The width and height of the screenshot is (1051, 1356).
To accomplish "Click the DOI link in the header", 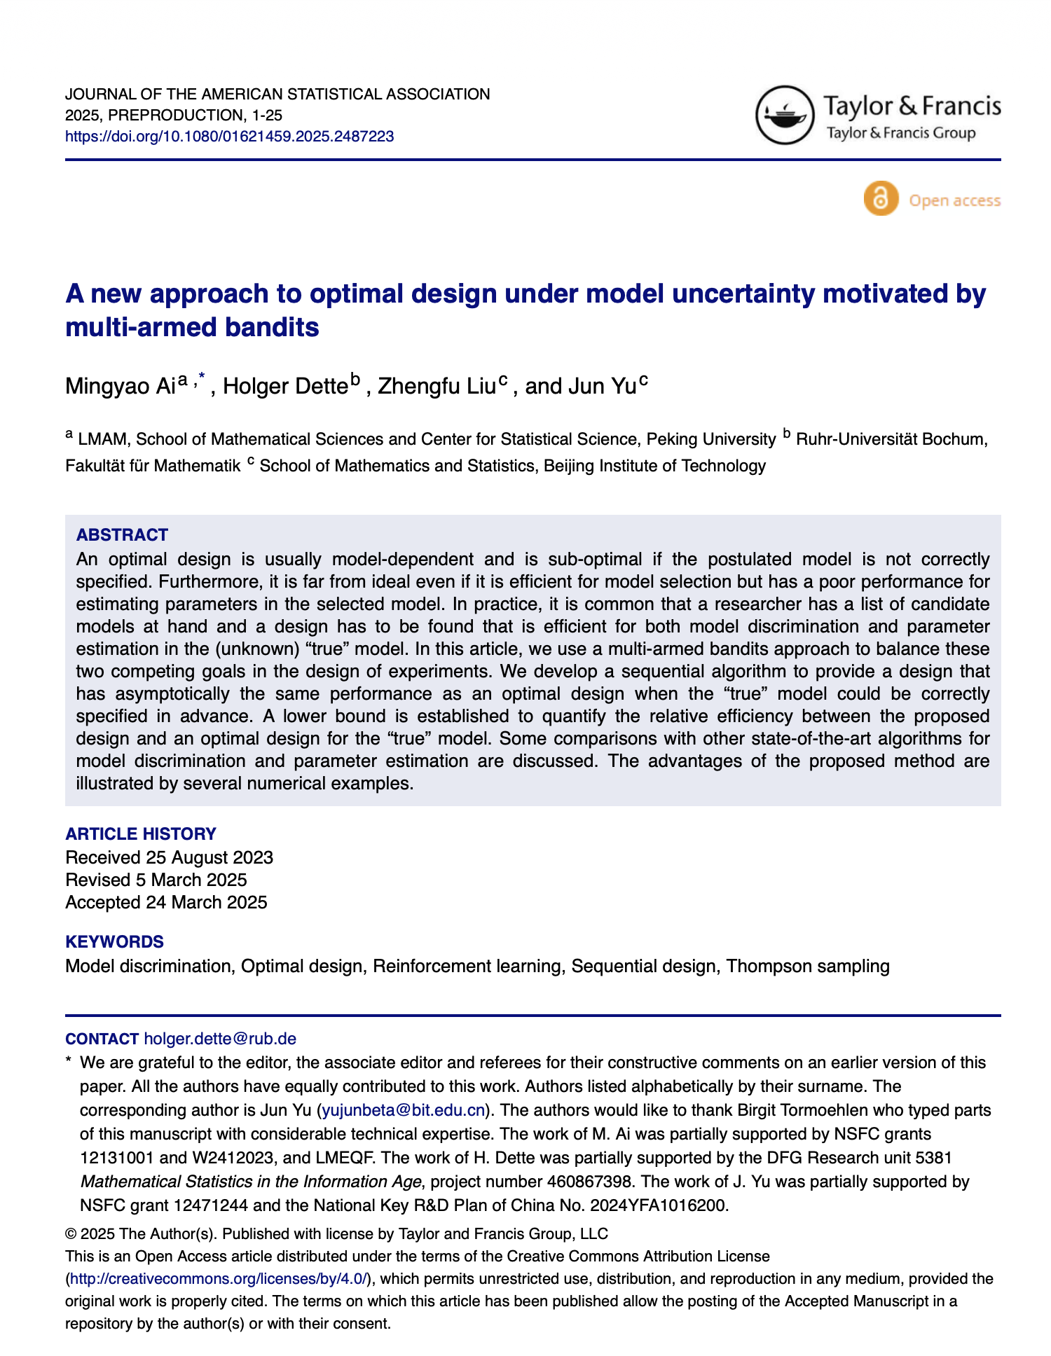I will (229, 137).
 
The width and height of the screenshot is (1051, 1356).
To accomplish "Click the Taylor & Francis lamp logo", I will (785, 115).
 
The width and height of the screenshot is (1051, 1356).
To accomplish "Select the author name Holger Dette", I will (285, 386).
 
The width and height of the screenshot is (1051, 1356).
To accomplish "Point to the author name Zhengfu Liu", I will (437, 386).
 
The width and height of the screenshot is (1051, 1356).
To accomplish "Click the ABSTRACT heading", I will (122, 535).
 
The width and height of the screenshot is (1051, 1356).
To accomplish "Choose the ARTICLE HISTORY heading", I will (140, 834).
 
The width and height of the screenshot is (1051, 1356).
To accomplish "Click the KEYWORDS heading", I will (114, 942).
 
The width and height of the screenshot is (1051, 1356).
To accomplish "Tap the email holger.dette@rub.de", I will (219, 1039).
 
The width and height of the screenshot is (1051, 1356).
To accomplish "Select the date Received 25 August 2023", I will (169, 857).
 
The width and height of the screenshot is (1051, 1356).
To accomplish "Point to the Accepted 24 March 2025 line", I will (166, 902).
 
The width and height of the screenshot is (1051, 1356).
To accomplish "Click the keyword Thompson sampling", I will (808, 967).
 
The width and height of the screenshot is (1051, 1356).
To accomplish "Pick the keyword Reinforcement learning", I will (467, 967).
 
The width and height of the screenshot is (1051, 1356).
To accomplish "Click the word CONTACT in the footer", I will (102, 1039).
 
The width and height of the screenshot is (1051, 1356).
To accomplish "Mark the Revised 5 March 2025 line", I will (156, 880).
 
